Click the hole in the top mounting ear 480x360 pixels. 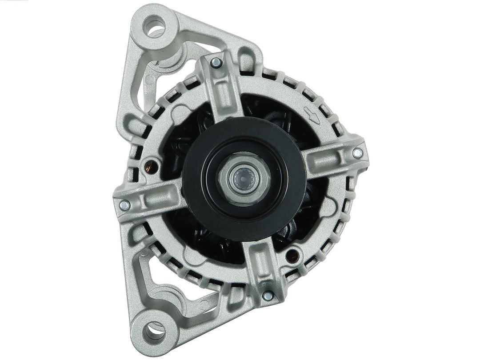[x=155, y=25]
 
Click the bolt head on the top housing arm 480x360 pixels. [x=216, y=63]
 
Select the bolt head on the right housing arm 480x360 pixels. [x=357, y=153]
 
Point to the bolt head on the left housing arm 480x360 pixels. [x=124, y=205]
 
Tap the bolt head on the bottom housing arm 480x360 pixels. [x=268, y=296]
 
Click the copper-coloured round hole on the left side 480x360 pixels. [x=152, y=166]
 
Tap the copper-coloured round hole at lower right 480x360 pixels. [x=292, y=255]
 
